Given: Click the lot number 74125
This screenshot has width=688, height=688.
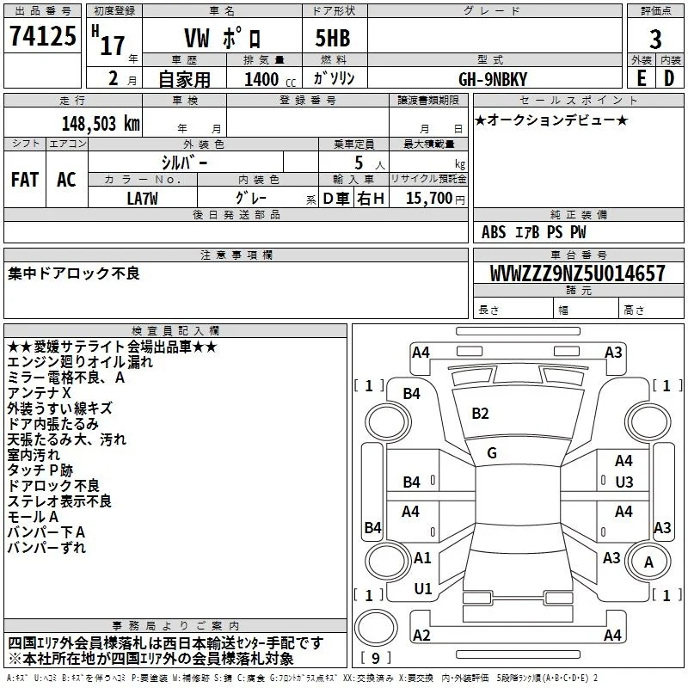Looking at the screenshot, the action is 43,36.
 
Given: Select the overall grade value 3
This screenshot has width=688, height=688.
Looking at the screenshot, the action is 655,40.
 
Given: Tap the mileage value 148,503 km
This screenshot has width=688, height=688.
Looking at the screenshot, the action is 101,124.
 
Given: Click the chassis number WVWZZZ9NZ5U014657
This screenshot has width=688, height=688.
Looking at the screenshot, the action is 577,273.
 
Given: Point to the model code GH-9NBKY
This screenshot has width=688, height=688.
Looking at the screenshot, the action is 493,79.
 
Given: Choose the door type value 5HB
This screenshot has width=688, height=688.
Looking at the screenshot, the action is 333,38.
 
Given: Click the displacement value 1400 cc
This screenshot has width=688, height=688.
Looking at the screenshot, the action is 270,79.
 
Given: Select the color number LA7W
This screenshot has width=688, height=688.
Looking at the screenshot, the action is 142,199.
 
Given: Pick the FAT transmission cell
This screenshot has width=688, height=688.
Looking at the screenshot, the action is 25,180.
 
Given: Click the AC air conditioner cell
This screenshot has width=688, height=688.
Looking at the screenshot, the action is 67,180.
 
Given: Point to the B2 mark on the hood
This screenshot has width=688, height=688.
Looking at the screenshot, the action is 480,414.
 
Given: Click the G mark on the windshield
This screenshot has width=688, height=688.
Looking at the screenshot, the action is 492,453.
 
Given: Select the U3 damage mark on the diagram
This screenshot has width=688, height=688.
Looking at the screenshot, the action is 624,482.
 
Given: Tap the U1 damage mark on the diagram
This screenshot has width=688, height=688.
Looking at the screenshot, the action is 423,589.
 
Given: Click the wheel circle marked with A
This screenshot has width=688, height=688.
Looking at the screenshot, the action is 648,562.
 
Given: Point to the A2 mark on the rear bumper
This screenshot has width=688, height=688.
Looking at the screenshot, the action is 421,635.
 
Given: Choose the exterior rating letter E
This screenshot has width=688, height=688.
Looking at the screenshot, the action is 642,78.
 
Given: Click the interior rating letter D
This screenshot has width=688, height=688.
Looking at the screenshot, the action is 669,78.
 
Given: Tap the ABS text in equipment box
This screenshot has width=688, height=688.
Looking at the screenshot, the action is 494,232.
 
